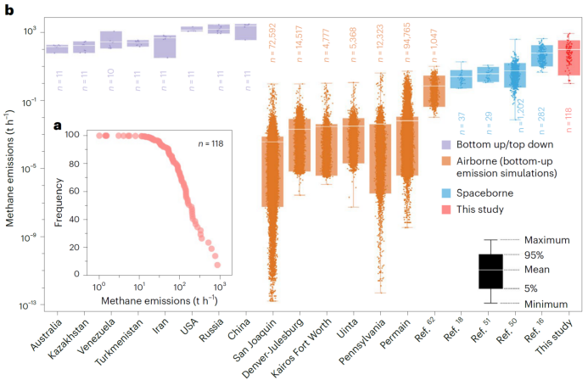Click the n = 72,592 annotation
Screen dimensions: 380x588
272,47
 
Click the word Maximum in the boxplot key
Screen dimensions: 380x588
546,240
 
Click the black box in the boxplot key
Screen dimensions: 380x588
490,271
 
